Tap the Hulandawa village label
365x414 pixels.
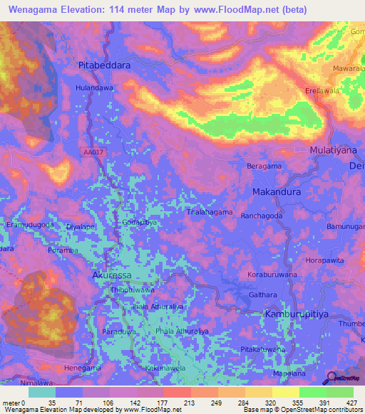pos(94,87)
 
